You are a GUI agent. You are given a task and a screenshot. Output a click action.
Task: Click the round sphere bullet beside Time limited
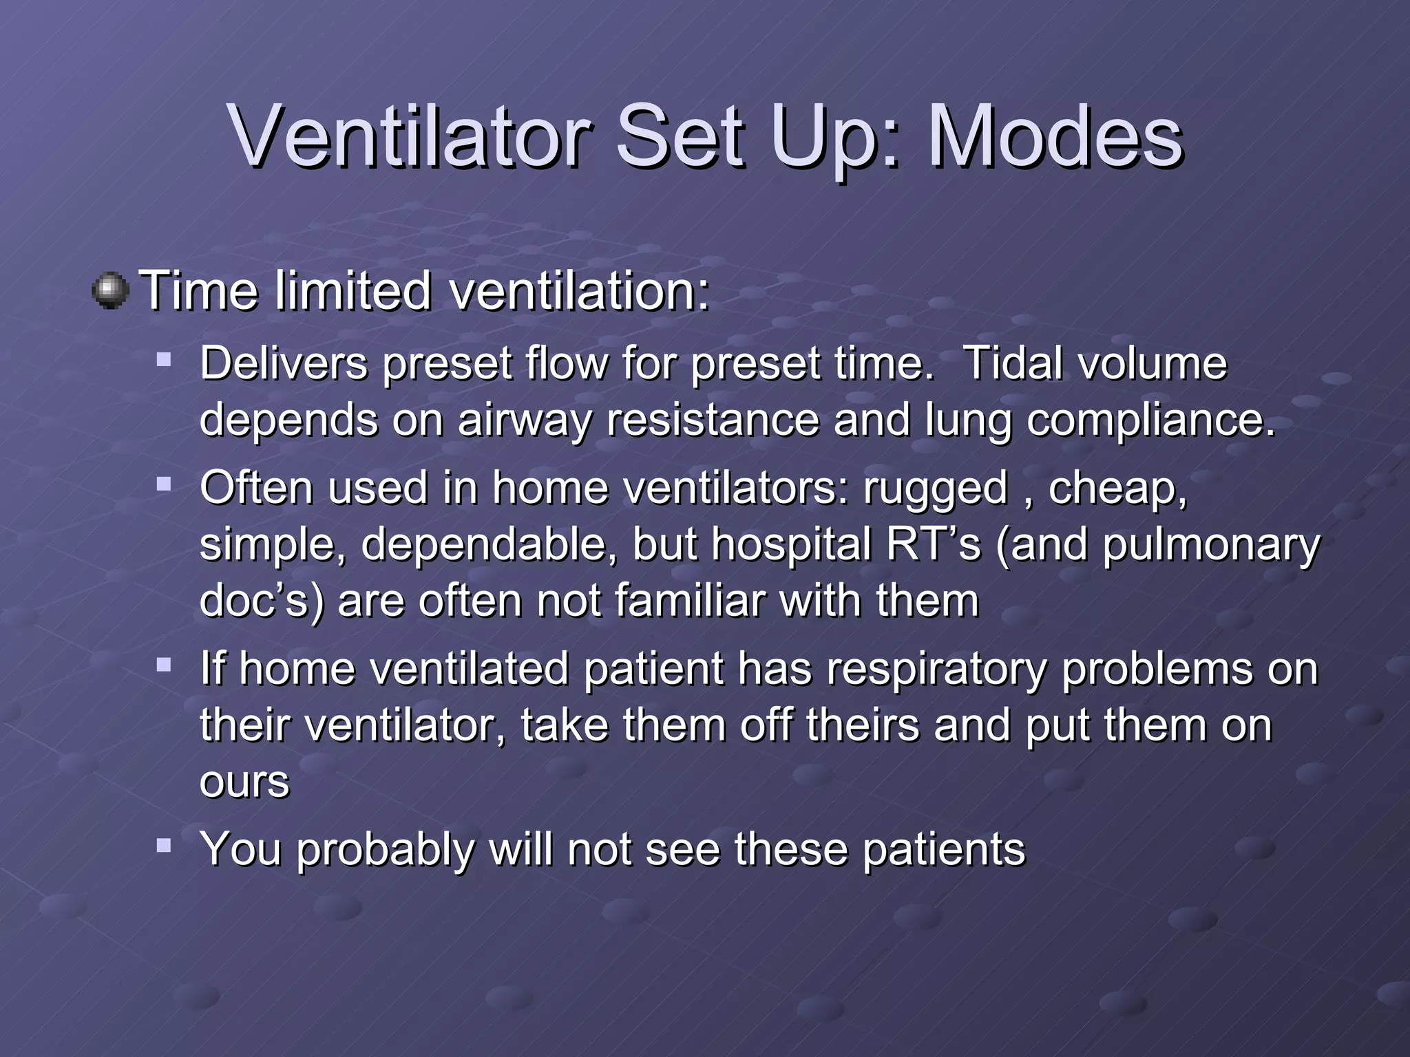110,290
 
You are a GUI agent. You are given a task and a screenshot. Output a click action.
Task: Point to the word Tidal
1016,363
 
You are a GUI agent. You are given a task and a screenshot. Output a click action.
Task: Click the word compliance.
1151,420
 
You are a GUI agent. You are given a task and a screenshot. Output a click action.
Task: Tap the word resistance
713,420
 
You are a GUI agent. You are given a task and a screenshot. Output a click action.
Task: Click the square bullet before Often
164,484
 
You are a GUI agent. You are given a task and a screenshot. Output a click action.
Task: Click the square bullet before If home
164,665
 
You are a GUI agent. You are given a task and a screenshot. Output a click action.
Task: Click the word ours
244,783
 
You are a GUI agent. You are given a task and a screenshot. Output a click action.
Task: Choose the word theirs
862,725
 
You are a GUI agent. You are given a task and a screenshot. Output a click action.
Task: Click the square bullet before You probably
164,845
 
